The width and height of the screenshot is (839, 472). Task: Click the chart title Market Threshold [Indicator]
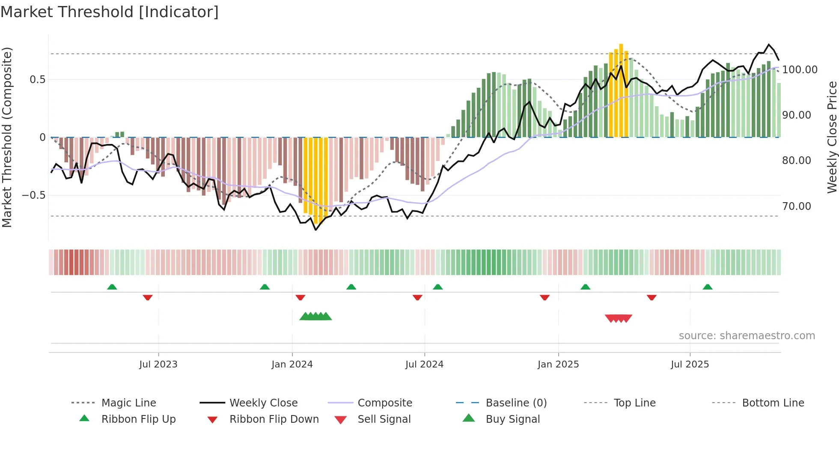tap(110, 12)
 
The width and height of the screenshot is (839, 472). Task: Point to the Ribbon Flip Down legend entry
tap(274, 419)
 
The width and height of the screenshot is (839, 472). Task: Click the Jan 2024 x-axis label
tap(292, 364)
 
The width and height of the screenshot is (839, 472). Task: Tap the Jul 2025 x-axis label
tap(690, 364)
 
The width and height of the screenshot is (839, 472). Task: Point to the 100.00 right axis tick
tap(800, 70)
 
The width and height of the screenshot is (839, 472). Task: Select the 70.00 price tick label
tap(797, 206)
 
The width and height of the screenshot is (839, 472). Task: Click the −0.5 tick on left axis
tap(33, 195)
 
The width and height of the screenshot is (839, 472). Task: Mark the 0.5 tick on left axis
tap(37, 80)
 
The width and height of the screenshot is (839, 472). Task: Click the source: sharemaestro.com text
tap(747, 336)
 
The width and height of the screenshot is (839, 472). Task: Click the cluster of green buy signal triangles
tap(315, 317)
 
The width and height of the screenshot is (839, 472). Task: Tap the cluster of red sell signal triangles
tap(619, 318)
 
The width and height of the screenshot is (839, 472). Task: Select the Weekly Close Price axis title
tap(832, 137)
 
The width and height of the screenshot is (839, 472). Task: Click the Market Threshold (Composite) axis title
tap(7, 137)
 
